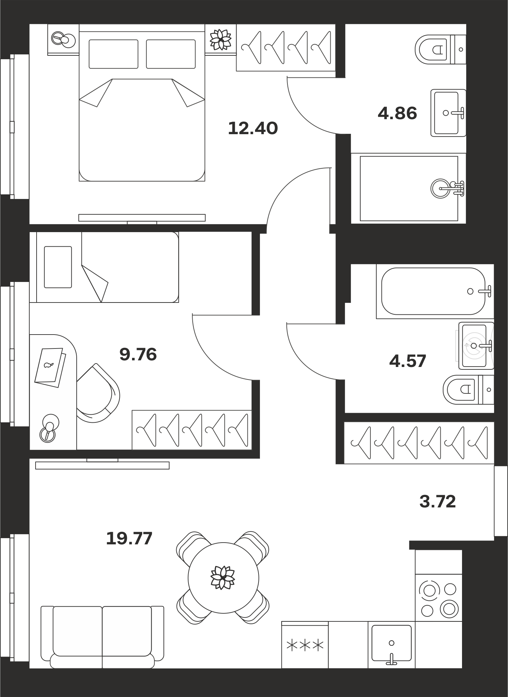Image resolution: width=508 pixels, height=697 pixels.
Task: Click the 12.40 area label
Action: [x=253, y=128]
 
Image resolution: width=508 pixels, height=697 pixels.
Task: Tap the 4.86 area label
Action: [x=397, y=114]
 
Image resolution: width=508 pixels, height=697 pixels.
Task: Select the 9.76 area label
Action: [x=138, y=354]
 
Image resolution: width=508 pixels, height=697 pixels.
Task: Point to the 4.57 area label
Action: [x=408, y=361]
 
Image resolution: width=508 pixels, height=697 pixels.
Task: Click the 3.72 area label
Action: [x=438, y=501]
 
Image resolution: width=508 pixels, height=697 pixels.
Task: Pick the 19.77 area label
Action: [x=129, y=538]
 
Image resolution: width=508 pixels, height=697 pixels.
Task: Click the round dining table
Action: [x=223, y=578]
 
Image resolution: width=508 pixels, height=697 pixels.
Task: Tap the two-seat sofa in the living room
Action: [x=102, y=637]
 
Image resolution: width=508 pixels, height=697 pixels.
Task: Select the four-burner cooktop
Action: [x=438, y=597]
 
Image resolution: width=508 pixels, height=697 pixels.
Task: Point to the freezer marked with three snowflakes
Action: [x=305, y=645]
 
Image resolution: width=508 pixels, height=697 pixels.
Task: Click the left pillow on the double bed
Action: [x=113, y=54]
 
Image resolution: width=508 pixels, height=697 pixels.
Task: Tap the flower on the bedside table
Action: [x=221, y=40]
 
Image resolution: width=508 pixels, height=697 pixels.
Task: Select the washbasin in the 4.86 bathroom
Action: [x=448, y=113]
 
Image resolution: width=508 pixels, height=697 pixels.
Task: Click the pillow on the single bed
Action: [x=58, y=267]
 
